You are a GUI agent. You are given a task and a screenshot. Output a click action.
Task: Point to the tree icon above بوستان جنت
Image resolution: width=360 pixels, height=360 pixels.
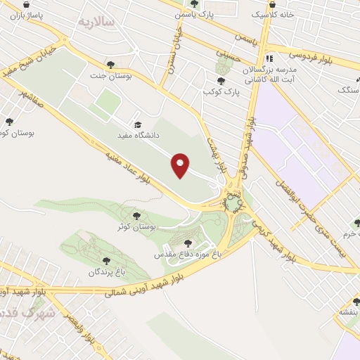(110, 65)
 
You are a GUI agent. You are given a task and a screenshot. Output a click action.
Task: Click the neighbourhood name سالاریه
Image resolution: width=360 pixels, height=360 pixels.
(96, 22)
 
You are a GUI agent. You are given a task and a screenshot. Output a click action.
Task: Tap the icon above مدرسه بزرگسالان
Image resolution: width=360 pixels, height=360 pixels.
(269, 59)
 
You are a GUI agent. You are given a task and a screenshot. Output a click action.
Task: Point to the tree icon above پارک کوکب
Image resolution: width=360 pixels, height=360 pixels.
(221, 81)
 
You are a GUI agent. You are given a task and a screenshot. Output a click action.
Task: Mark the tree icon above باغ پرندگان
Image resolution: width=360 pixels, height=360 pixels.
(106, 261)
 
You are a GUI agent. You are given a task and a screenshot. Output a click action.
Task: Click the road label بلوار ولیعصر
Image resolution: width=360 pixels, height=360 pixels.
(77, 330)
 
